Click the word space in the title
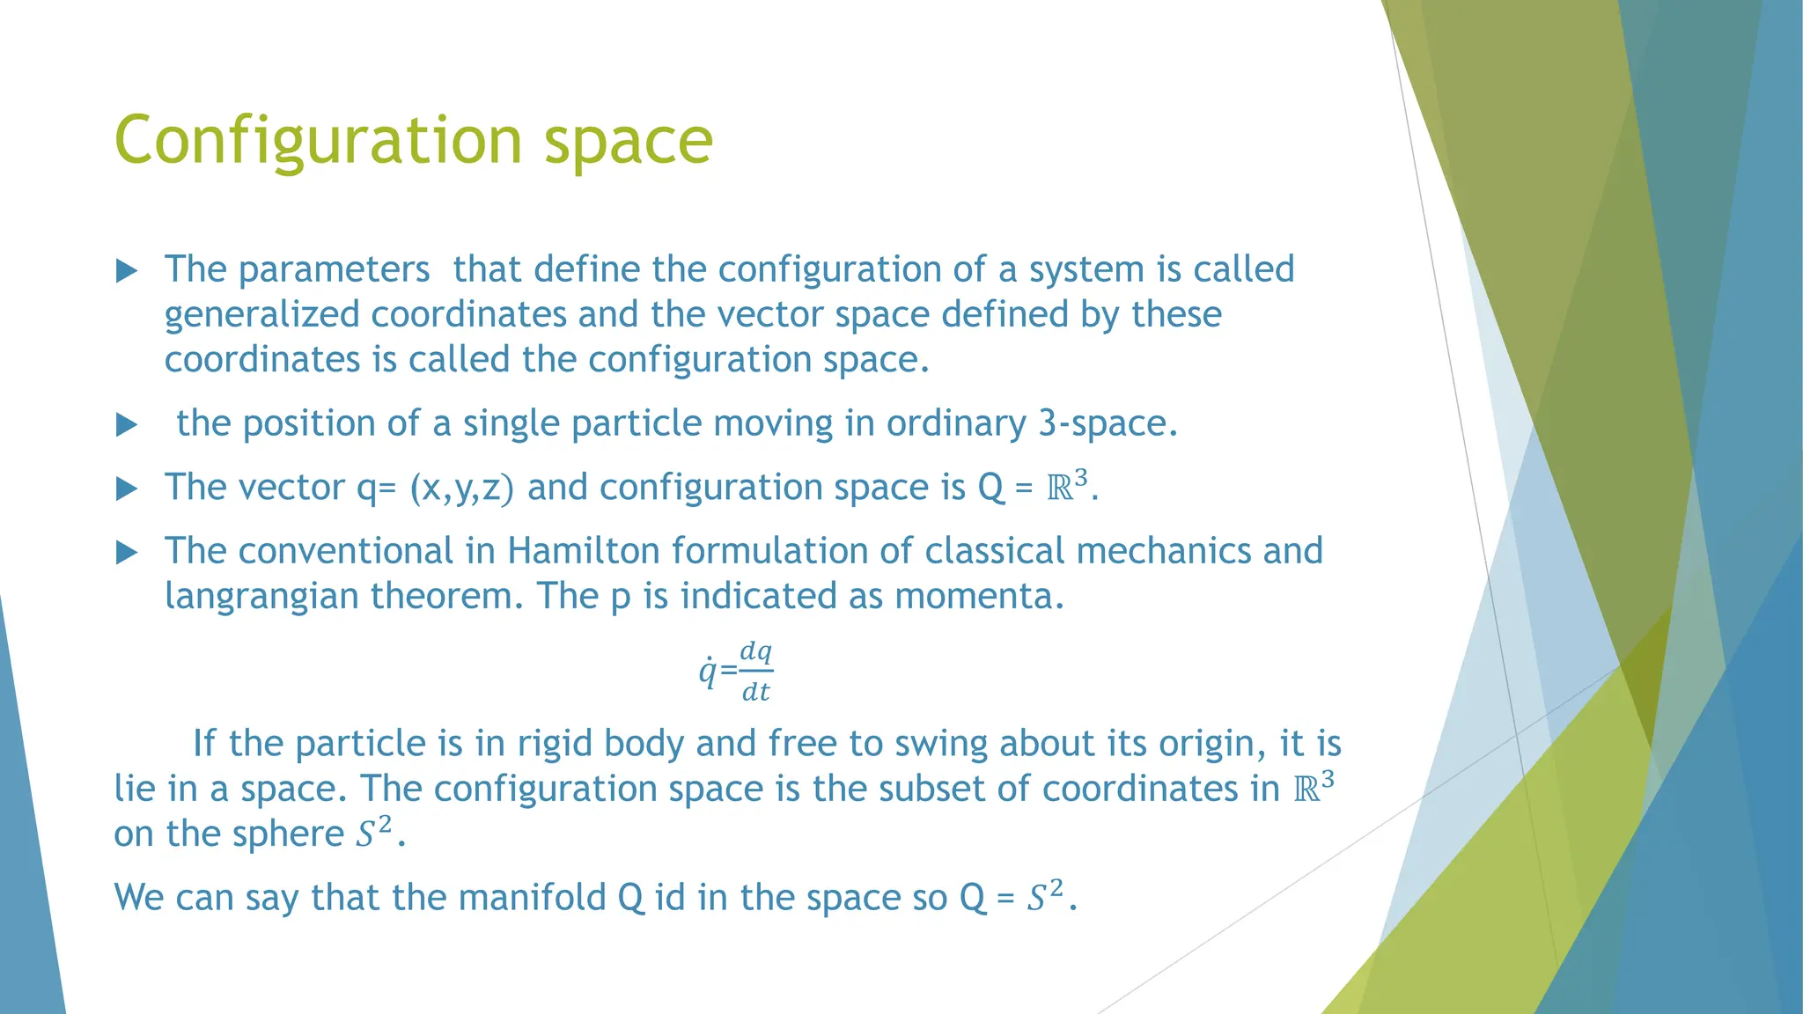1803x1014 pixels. [x=628, y=141]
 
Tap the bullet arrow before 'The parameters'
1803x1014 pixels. [x=127, y=271]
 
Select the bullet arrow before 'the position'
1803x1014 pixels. [x=127, y=426]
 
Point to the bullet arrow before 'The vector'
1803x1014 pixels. [x=127, y=489]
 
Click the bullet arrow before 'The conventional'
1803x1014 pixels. [x=127, y=553]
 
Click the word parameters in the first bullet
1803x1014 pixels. [x=334, y=269]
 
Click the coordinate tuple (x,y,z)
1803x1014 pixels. [x=461, y=488]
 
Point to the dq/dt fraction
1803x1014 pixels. [x=755, y=672]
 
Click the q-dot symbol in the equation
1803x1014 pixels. [x=707, y=672]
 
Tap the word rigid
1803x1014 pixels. [x=555, y=744]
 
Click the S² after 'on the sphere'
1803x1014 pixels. [x=373, y=833]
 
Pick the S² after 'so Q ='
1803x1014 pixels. [x=1045, y=896]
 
